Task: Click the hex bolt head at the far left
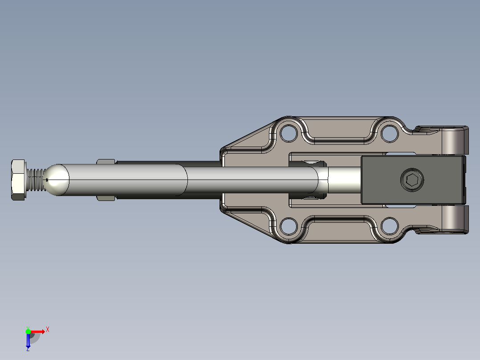(x=18, y=180)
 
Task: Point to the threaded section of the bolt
(x=36, y=180)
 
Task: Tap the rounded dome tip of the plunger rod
(x=57, y=180)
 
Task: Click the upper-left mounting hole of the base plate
(x=289, y=133)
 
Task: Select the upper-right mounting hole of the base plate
(x=389, y=133)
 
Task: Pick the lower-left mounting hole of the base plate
(x=289, y=226)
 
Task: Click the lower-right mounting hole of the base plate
(x=389, y=226)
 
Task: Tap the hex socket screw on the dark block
(x=412, y=180)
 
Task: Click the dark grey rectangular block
(x=414, y=180)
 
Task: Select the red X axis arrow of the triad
(x=37, y=331)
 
